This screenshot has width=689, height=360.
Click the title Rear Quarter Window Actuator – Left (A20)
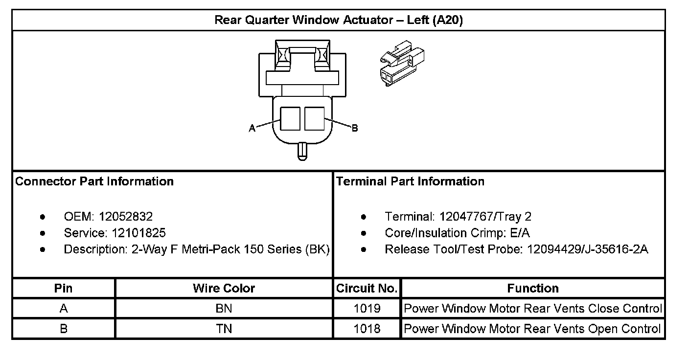tap(338, 21)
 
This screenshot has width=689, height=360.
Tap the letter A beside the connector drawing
tap(252, 128)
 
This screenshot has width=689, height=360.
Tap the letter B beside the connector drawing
tap(355, 128)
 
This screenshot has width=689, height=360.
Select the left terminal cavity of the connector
tap(290, 118)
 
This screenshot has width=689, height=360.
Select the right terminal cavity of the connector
tap(314, 118)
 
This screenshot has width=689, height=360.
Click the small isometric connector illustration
tap(402, 63)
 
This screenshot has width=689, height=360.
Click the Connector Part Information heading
tap(94, 181)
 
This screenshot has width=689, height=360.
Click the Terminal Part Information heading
tap(410, 181)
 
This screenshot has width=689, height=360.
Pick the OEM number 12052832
tap(126, 216)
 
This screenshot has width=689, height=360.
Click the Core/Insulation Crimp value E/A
tap(520, 233)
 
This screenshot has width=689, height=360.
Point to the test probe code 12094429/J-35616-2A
tap(587, 249)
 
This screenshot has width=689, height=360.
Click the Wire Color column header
tap(224, 288)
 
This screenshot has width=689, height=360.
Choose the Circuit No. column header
tap(367, 288)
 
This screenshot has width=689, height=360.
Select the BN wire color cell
tap(224, 309)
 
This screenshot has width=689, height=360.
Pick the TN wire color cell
tap(224, 329)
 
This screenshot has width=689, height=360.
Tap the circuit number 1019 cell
tap(367, 309)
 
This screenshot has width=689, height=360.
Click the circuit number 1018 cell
tap(367, 329)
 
